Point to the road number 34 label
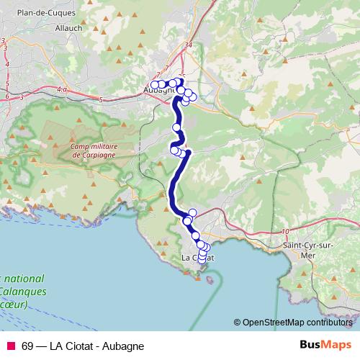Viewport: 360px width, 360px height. pyautogui.click(x=189, y=45)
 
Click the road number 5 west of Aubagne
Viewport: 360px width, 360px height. pyautogui.click(x=102, y=99)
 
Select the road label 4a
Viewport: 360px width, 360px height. pyautogui.click(x=60, y=90)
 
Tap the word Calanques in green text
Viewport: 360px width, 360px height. pyautogui.click(x=24, y=292)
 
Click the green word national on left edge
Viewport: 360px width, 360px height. pyautogui.click(x=24, y=279)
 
